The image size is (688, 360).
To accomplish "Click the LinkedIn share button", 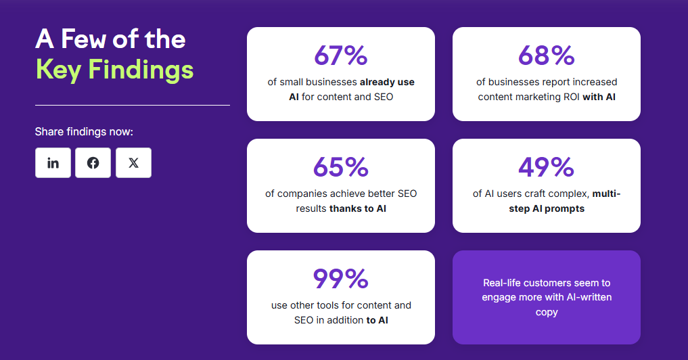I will (53, 163).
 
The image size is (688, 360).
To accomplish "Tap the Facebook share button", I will (93, 163).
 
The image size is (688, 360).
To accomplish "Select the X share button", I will (133, 163).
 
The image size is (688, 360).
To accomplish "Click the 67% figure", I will (340, 56).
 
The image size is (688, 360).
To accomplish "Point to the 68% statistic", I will (546, 56).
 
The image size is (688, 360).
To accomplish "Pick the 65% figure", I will (340, 167).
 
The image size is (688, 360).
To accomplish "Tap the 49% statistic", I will (546, 167).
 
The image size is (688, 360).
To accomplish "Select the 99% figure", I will (340, 279).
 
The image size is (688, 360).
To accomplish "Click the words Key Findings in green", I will (114, 70).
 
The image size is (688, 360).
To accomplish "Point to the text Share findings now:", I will (84, 131).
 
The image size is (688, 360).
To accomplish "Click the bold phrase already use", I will (387, 82).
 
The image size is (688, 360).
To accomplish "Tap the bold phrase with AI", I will (599, 97).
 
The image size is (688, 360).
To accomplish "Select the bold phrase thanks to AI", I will (358, 208).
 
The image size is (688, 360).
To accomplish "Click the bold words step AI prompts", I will (547, 208).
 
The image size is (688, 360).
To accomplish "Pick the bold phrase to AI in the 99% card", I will (377, 320).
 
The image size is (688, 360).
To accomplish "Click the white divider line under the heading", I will (132, 106).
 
